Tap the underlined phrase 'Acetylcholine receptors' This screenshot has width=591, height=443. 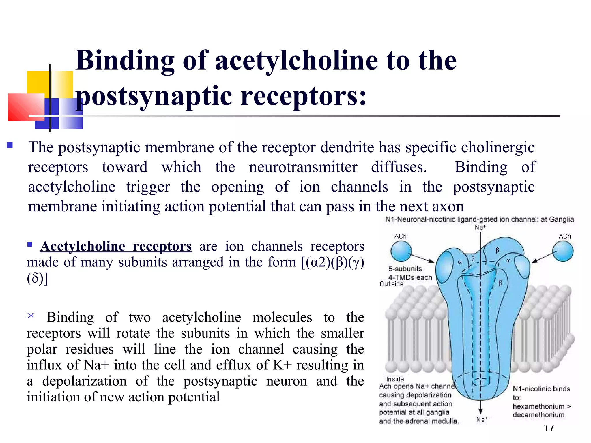pos(116,246)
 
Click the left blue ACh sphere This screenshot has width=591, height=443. pos(401,251)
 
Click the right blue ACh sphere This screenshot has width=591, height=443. pos(563,251)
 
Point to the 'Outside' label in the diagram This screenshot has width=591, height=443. pos(391,284)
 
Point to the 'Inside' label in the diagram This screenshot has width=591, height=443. pos(395,379)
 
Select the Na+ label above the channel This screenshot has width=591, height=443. pos(480,227)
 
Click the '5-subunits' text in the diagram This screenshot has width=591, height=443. pos(405,269)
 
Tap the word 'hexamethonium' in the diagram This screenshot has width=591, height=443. pos(538,406)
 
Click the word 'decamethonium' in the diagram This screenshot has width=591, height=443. pos(538,415)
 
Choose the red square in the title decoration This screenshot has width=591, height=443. pos(26,107)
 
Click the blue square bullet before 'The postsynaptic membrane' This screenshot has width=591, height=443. pos(10,145)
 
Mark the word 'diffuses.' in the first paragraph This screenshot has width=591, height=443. pos(399,167)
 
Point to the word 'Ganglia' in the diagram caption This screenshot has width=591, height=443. pos(561,219)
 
